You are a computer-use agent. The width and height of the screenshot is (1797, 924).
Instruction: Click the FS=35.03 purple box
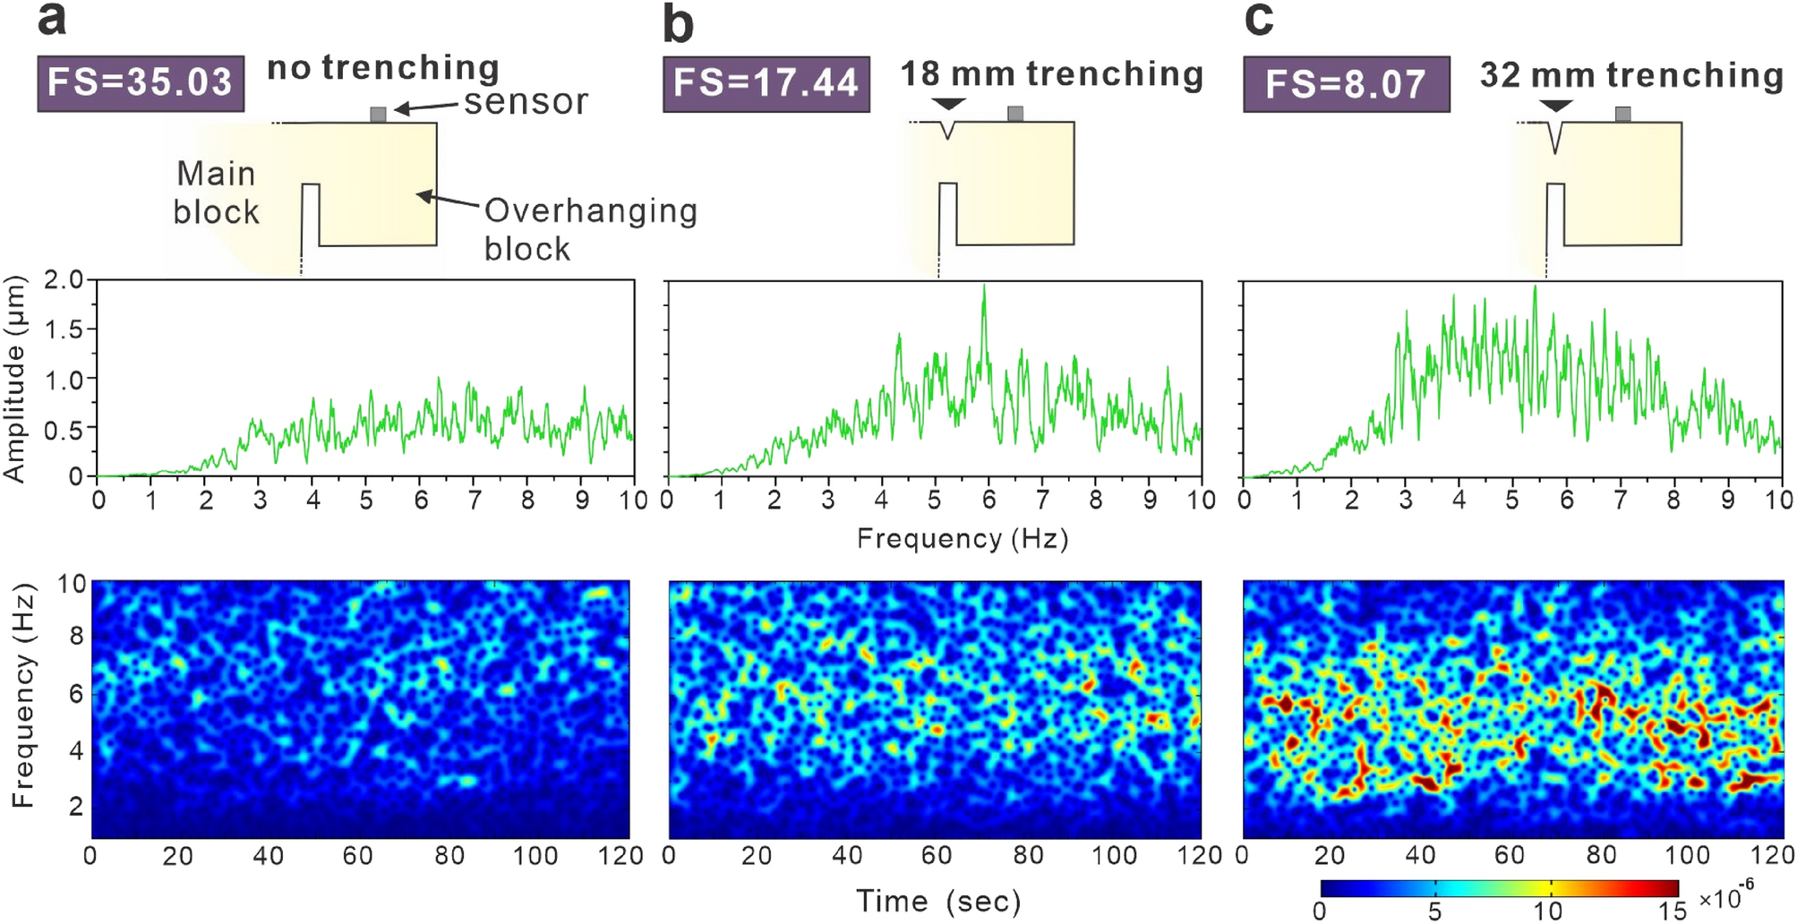(141, 83)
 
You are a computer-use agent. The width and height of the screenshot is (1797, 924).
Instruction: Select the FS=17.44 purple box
(766, 83)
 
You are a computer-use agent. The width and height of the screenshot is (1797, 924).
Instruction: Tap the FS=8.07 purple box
(1346, 84)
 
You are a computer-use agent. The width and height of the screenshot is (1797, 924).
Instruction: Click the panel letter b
(678, 25)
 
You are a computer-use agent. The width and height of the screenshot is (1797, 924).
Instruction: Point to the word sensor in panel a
(526, 102)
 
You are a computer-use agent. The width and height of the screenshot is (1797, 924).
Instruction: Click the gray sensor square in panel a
(378, 115)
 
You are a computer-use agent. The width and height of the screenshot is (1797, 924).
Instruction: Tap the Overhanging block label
(590, 229)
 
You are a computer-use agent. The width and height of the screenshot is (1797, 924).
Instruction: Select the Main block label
(216, 192)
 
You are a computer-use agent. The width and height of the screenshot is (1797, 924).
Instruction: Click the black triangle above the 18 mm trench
(947, 105)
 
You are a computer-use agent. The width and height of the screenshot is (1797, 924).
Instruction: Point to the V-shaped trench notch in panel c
(1556, 137)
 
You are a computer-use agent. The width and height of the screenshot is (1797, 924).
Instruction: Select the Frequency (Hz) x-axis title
(963, 538)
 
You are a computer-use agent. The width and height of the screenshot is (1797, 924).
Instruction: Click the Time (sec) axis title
(937, 901)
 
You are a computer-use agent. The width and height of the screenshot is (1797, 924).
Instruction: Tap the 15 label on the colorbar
(1670, 911)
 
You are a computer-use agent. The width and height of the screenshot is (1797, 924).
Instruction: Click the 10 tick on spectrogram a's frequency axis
(72, 585)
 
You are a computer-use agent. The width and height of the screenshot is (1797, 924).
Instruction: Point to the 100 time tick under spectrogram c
(1687, 855)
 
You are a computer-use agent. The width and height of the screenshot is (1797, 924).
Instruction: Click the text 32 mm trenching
(1631, 75)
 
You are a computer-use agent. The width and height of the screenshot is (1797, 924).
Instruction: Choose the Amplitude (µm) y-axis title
(15, 380)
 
